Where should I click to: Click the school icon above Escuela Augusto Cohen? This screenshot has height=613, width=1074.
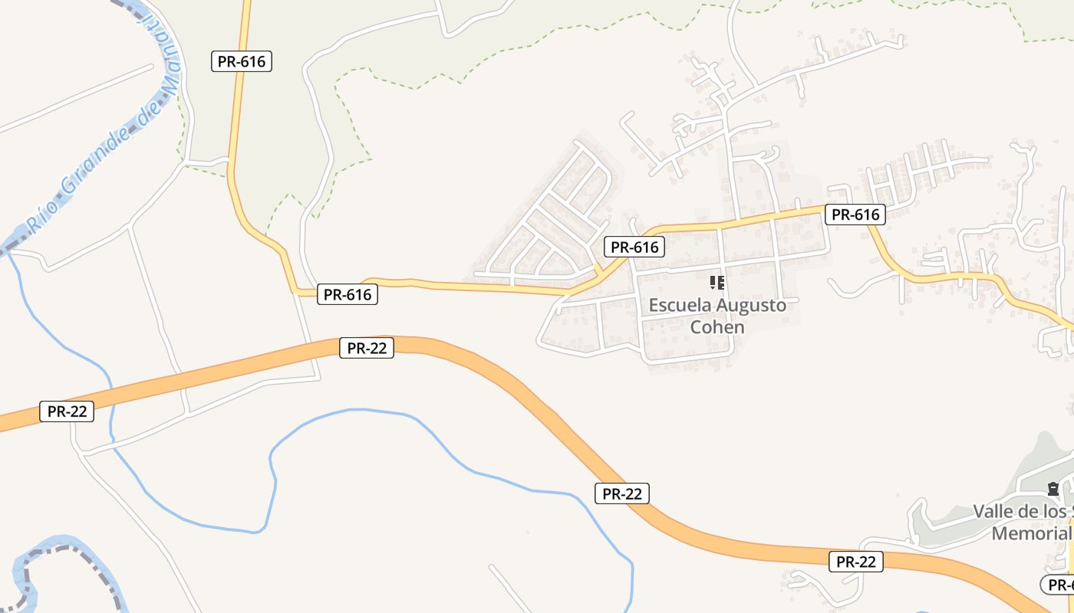717,283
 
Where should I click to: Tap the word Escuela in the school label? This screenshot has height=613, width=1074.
680,305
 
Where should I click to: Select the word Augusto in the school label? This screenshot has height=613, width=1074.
750,305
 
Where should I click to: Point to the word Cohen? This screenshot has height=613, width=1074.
717,327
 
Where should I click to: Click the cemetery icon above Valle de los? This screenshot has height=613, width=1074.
1053,488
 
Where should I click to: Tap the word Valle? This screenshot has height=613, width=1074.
994,511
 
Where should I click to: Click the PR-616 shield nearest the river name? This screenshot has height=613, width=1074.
242,62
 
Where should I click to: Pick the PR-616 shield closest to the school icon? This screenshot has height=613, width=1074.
634,247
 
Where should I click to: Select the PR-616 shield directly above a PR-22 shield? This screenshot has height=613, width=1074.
348,294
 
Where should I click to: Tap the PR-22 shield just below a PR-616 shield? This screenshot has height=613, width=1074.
367,349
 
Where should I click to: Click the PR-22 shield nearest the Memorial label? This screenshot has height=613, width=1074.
856,562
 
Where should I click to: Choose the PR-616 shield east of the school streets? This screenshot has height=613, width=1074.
855,215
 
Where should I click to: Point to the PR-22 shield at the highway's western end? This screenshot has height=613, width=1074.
67,411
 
